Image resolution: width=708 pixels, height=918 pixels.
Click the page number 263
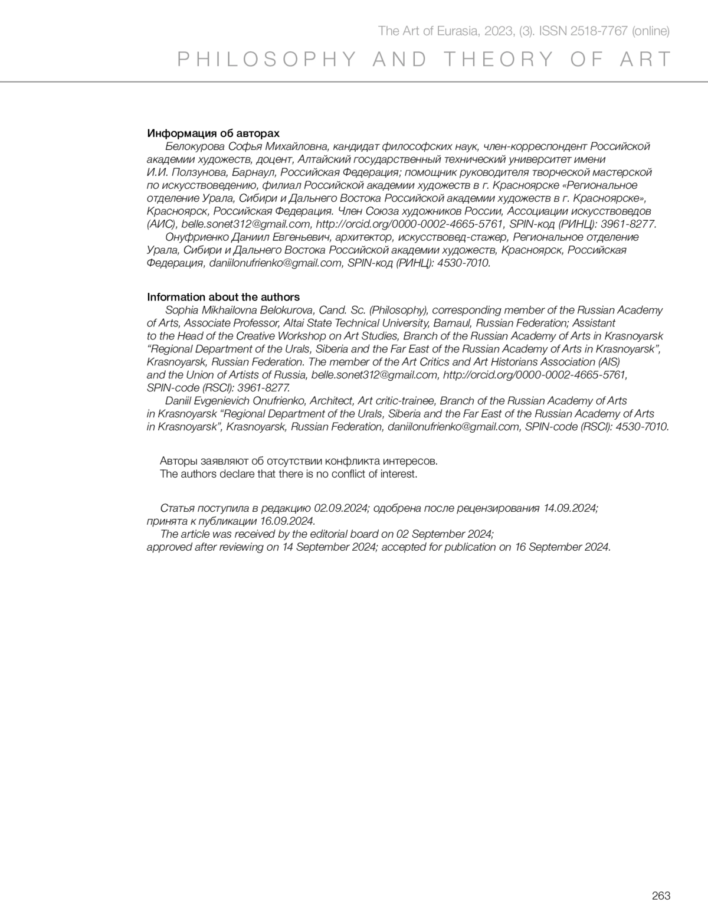(661, 896)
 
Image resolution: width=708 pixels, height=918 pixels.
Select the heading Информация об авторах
(213, 133)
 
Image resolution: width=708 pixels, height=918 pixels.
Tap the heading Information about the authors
(223, 297)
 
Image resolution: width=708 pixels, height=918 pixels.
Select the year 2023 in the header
(501, 31)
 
